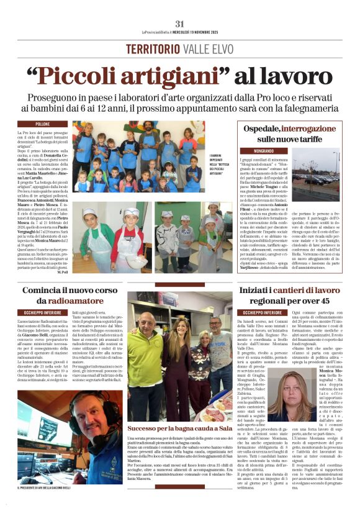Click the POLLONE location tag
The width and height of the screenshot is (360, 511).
(43, 124)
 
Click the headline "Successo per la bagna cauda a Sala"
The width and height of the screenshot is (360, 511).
(180, 428)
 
